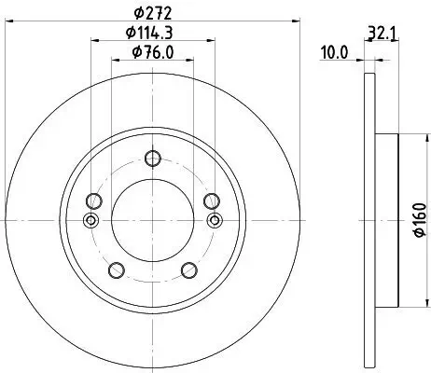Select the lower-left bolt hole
[x=117, y=270]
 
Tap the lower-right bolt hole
[x=189, y=270]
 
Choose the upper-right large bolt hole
[x=212, y=200]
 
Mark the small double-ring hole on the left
[x=90, y=220]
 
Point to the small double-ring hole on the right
[x=215, y=220]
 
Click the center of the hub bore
[x=153, y=220]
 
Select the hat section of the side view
[x=386, y=220]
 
